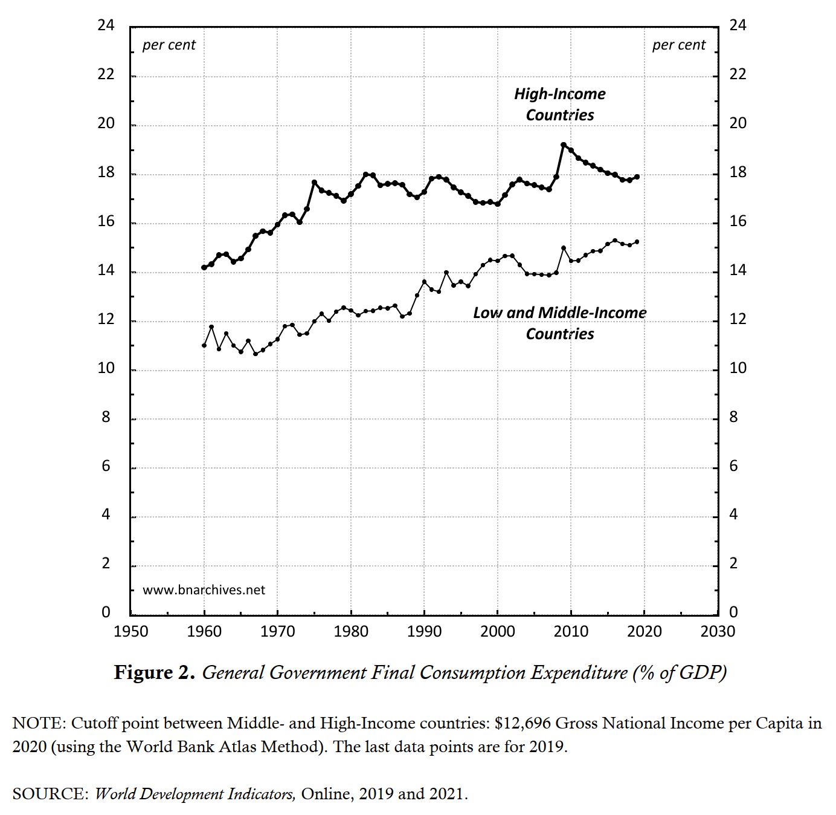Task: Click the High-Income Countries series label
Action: (x=559, y=104)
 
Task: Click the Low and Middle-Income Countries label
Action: (x=559, y=323)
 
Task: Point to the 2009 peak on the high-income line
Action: (x=564, y=145)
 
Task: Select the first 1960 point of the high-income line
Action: (x=204, y=267)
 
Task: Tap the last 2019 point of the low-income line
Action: (x=637, y=242)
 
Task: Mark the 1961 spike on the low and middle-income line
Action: (x=211, y=327)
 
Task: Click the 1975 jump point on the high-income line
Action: (x=314, y=182)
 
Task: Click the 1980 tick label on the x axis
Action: (x=351, y=632)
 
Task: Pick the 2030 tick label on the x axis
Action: (x=718, y=632)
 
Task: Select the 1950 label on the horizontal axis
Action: (x=131, y=632)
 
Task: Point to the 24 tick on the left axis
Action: (x=106, y=25)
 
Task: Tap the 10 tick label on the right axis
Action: (x=738, y=368)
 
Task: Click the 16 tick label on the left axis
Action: (x=106, y=221)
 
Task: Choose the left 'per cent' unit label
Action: (x=169, y=45)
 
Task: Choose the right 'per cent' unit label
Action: (x=679, y=45)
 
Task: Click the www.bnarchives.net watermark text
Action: (x=204, y=590)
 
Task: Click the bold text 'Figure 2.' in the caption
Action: (x=155, y=673)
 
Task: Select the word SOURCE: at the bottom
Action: (x=50, y=794)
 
